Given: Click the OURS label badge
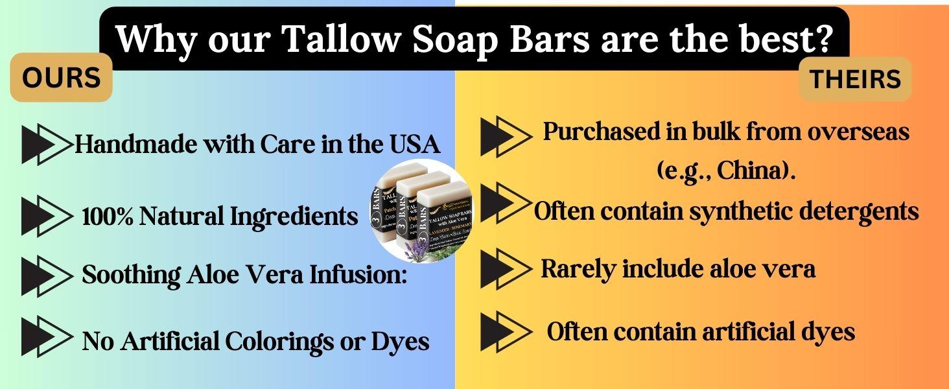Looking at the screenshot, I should pyautogui.click(x=62, y=78).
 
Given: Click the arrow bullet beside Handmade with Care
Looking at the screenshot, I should pyautogui.click(x=46, y=145).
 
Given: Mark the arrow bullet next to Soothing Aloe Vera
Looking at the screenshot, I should pyautogui.click(x=46, y=276).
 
